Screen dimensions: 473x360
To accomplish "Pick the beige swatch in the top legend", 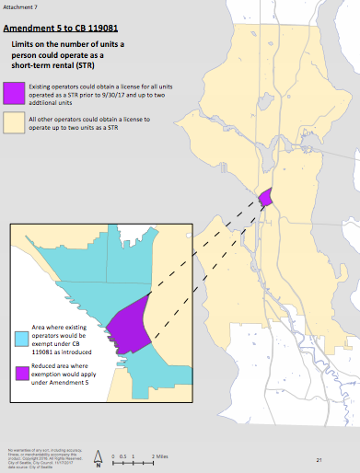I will click(15, 122).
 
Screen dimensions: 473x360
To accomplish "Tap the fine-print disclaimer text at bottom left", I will click(33, 453).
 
